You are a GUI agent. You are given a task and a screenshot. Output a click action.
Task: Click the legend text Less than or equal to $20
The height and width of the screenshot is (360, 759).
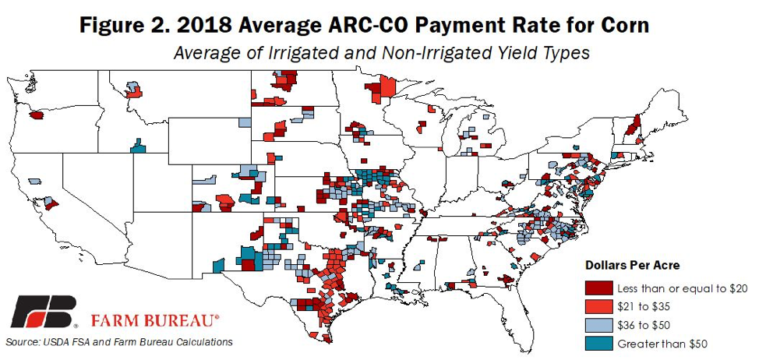682,289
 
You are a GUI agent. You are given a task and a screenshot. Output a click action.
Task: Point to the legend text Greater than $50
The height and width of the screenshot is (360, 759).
662,343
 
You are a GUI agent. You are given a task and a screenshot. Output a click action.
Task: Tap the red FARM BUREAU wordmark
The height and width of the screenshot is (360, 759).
155,319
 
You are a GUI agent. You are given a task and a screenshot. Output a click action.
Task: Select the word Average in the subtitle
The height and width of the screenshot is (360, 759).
202,54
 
